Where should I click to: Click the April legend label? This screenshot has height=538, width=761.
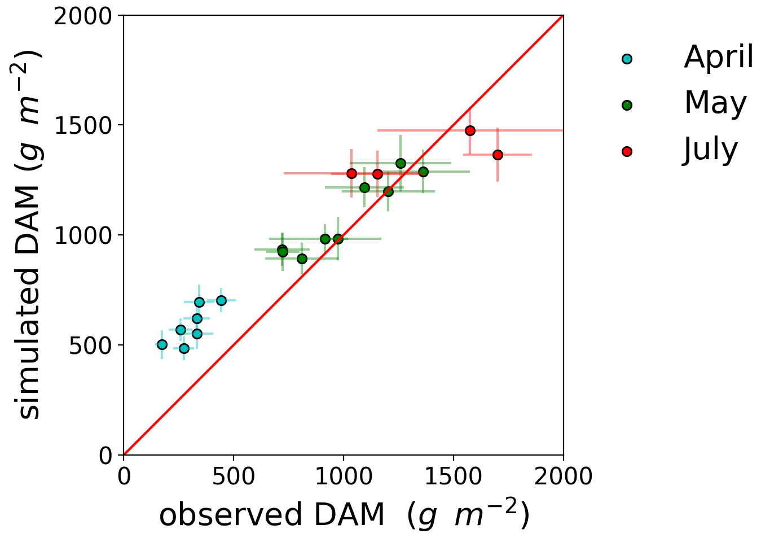718,57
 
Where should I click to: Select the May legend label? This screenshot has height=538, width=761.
715,103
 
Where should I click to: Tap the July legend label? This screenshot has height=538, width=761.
710,150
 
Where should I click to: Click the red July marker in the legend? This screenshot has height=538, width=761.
627,151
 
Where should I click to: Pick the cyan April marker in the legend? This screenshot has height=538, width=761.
627,58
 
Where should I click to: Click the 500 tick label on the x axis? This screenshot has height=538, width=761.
233,476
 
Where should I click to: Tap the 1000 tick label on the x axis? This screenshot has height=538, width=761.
343,476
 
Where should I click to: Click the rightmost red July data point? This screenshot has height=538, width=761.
498,155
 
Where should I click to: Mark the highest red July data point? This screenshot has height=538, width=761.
470,130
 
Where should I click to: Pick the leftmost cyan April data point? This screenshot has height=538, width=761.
162,344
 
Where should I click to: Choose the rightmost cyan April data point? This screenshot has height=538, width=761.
221,300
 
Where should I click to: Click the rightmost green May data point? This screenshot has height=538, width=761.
423,172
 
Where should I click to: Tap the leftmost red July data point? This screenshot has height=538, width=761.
351,173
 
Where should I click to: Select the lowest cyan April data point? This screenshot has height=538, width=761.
184,348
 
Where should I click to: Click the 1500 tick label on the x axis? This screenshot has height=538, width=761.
453,476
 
